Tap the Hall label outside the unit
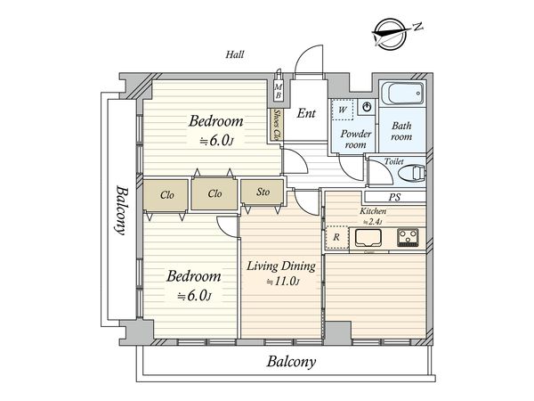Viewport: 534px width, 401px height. click(235, 54)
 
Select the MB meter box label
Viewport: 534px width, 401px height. click(279, 91)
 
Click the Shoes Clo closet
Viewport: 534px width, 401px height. click(277, 125)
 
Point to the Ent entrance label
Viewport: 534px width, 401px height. click(306, 113)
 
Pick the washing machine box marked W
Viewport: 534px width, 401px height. click(343, 110)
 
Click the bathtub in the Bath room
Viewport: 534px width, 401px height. click(402, 93)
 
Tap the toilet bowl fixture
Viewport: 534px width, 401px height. click(412, 173)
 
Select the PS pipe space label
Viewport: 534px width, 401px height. click(394, 197)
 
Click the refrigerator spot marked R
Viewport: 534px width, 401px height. click(336, 237)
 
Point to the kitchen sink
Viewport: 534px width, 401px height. click(368, 238)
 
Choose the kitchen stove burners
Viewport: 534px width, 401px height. click(408, 237)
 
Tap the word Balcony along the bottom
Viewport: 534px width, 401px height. click(291, 362)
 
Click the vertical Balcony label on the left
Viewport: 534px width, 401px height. click(120, 210)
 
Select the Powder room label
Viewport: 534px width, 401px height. click(356, 139)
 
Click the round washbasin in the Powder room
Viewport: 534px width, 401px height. click(367, 107)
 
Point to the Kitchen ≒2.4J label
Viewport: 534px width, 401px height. click(373, 217)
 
